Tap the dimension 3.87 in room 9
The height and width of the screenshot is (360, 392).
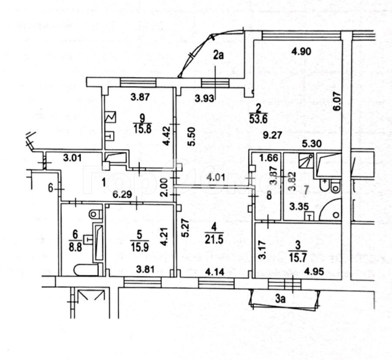point(140,98)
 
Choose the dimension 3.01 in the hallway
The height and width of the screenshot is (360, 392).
point(72,158)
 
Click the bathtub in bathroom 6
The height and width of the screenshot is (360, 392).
point(98,242)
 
